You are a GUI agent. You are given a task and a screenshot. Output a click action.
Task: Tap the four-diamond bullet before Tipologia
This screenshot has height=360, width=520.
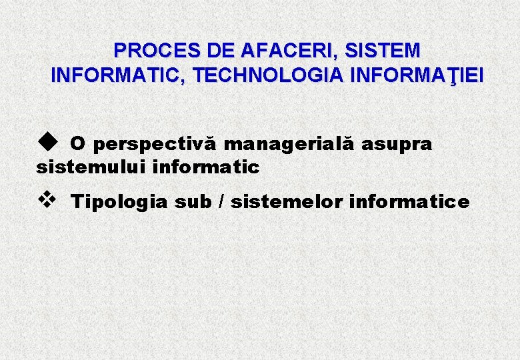45,199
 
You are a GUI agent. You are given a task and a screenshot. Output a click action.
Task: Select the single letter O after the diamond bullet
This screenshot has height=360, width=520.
77,144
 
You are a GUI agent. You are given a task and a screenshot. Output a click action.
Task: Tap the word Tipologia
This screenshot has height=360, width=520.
119,202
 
